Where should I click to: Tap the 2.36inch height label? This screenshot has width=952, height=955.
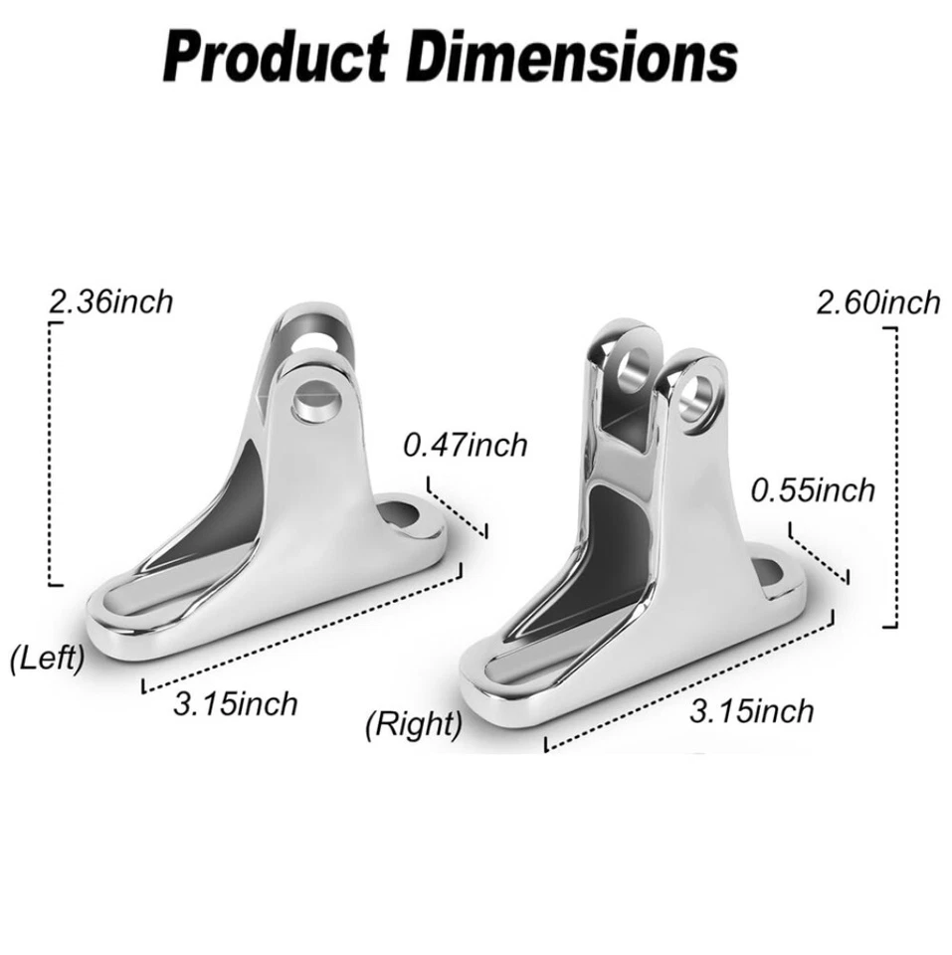[x=110, y=301]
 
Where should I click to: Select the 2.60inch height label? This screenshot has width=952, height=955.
[x=876, y=301]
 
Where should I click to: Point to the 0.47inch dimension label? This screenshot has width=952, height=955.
[x=465, y=445]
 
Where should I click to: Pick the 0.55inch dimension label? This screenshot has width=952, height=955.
[x=813, y=489]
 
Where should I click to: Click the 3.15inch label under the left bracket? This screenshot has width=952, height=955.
[x=235, y=704]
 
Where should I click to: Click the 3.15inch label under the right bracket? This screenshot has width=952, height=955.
[x=751, y=710]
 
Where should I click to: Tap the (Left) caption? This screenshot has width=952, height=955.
[x=47, y=658]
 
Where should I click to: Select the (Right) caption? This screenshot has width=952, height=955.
[x=414, y=723]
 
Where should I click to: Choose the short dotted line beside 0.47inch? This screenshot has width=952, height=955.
[x=458, y=508]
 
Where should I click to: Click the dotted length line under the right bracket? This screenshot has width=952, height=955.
[x=686, y=683]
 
